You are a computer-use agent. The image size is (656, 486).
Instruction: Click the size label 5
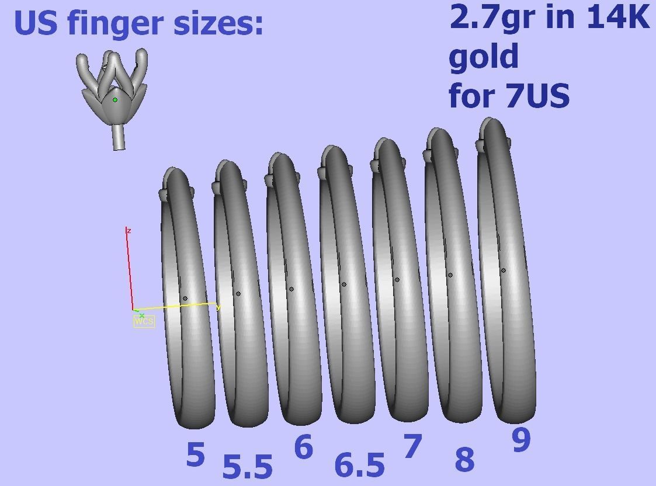pos(196,454)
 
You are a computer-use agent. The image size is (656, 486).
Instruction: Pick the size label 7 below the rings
pos(412,447)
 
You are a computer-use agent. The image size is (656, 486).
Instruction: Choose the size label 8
pos(464,459)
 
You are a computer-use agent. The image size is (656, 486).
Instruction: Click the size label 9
pos(521,440)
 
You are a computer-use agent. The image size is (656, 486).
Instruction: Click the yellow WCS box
pos(144,321)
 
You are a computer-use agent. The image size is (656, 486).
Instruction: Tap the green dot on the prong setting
pos(115,100)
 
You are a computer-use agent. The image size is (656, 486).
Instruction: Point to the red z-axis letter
pos(129,231)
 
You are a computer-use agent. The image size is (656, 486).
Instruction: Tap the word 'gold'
pos(484,57)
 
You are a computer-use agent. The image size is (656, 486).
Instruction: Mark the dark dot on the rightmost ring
pos(504,270)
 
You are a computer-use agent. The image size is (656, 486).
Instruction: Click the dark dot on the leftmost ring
pos(185,298)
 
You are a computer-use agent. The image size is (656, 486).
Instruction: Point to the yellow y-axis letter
pos(218,308)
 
